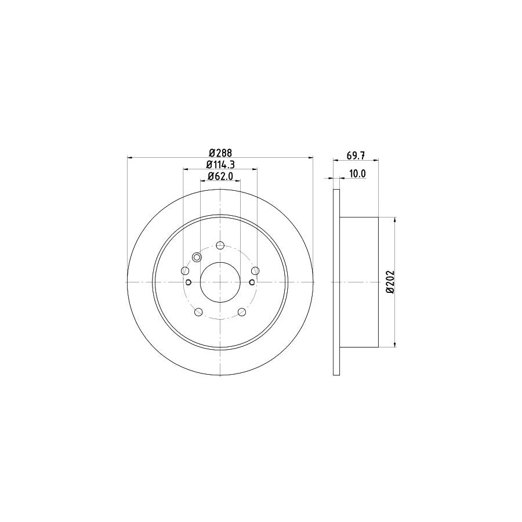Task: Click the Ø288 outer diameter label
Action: click(220, 153)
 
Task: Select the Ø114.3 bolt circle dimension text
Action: click(220, 165)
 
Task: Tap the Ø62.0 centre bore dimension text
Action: click(220, 177)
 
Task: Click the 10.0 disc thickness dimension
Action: click(357, 173)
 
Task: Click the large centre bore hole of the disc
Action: click(220, 282)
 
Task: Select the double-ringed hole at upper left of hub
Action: click(196, 258)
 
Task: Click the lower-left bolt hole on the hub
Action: click(198, 313)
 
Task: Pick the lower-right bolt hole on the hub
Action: click(242, 313)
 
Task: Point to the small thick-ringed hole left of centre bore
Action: click(189, 282)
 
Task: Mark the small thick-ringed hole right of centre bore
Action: click(251, 282)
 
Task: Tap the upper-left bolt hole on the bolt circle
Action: click(185, 271)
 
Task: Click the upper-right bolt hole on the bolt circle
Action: click(255, 271)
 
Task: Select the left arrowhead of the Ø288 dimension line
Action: click(130, 157)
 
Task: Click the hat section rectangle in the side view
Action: click(358, 282)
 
